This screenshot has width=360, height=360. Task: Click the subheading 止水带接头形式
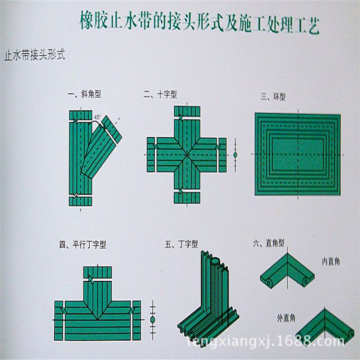pyautogui.click(x=34, y=55)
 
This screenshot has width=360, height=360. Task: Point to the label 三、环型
pyautogui.click(x=273, y=97)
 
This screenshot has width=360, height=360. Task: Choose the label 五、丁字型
pyautogui.click(x=181, y=244)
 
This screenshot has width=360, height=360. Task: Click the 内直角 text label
pyautogui.click(x=331, y=262)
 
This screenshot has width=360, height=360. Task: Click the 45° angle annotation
pyautogui.click(x=97, y=117)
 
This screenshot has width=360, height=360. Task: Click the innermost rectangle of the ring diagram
pyautogui.click(x=297, y=154)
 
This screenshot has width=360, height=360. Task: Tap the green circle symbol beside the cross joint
pyautogui.click(x=235, y=155)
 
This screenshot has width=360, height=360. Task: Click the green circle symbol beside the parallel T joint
pyautogui.click(x=153, y=319)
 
